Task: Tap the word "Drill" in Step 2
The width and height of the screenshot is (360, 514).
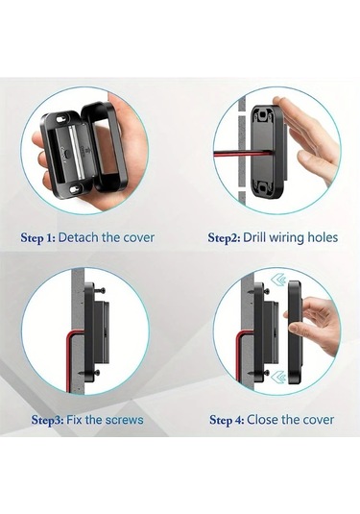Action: click(252, 236)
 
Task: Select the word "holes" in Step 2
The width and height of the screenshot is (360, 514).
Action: click(320, 236)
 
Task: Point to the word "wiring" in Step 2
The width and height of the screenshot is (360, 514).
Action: click(285, 236)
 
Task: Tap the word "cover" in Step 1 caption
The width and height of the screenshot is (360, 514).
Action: click(136, 236)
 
